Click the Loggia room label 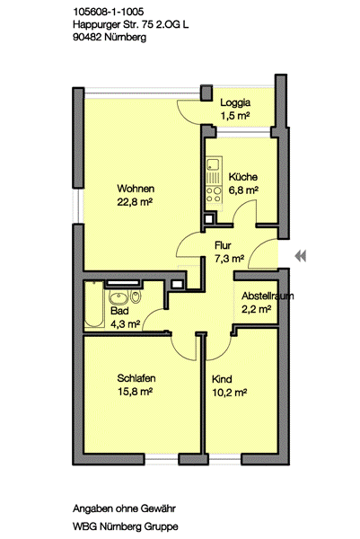pyautogui.click(x=235, y=102)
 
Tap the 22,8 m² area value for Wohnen pyautogui.click(x=135, y=202)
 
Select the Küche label pyautogui.click(x=242, y=177)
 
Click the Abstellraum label pyautogui.click(x=268, y=295)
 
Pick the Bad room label pyautogui.click(x=119, y=310)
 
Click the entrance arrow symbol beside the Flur pyautogui.click(x=301, y=256)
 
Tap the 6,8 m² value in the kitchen pyautogui.click(x=243, y=190)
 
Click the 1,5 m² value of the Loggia pyautogui.click(x=235, y=117)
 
